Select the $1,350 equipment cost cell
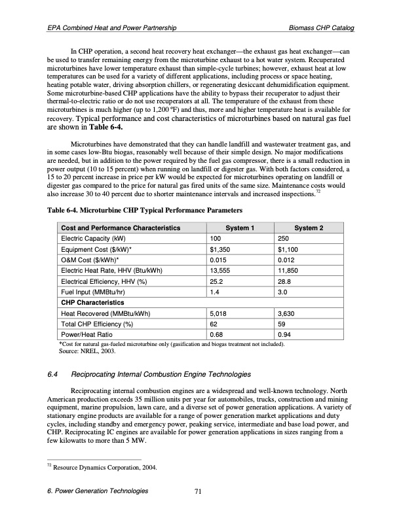click(x=219, y=249)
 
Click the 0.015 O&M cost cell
click(x=218, y=260)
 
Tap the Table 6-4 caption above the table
click(x=144, y=211)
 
